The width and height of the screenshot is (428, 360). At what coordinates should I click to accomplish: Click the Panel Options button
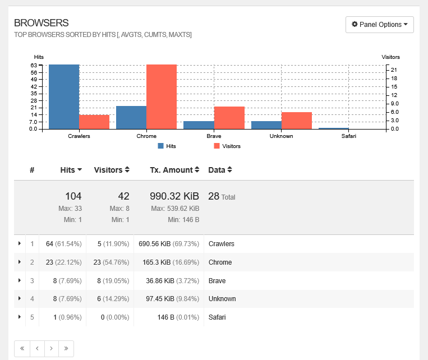(x=380, y=25)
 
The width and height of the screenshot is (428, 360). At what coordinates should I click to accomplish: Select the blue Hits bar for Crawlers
(x=64, y=96)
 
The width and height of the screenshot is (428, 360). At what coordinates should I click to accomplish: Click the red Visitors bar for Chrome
(x=162, y=96)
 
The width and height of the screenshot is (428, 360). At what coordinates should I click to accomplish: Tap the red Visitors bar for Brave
(x=229, y=118)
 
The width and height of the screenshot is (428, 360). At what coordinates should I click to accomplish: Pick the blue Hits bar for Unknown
(x=266, y=125)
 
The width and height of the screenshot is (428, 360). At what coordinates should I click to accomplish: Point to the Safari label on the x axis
(x=348, y=136)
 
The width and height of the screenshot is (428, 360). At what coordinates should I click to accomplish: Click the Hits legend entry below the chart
(x=167, y=146)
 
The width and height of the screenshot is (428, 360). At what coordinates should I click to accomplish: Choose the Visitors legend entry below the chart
(x=227, y=146)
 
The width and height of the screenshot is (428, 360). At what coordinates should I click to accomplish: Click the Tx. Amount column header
(x=174, y=170)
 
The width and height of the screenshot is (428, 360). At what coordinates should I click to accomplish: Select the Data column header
(x=220, y=170)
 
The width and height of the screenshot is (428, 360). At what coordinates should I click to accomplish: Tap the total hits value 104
(x=73, y=196)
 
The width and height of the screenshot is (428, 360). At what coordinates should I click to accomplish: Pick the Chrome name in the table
(x=220, y=262)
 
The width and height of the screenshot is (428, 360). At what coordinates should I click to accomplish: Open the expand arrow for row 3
(x=20, y=280)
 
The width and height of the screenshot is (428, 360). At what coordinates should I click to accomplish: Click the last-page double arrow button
(x=66, y=348)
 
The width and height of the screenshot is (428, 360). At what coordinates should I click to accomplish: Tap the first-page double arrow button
(x=22, y=348)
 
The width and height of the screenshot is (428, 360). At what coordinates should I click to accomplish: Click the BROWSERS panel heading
(x=41, y=23)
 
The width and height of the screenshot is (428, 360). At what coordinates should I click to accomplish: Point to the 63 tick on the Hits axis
(x=34, y=65)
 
